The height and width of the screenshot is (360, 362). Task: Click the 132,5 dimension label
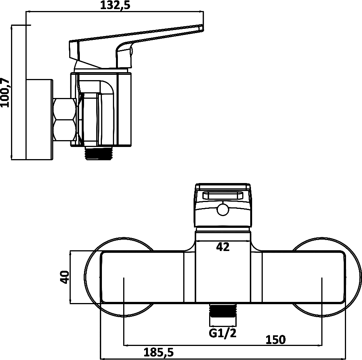click(x=115, y=5)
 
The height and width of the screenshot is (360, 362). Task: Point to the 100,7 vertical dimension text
click(x=5, y=93)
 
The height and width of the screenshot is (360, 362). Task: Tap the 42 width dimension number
click(x=223, y=247)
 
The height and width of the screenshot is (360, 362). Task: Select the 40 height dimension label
click(x=64, y=277)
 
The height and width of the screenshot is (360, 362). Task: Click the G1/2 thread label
click(x=222, y=333)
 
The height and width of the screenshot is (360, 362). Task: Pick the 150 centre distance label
click(x=276, y=339)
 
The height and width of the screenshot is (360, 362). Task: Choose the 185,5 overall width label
click(x=159, y=352)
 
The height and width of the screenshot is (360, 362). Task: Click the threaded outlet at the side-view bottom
click(x=100, y=153)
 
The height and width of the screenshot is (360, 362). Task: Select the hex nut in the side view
click(x=65, y=120)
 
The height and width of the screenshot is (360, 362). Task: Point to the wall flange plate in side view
click(x=40, y=120)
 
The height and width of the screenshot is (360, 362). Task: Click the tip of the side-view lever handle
click(x=202, y=27)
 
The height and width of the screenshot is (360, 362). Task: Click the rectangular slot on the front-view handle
click(x=223, y=196)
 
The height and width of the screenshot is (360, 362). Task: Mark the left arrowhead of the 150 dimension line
click(x=126, y=345)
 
